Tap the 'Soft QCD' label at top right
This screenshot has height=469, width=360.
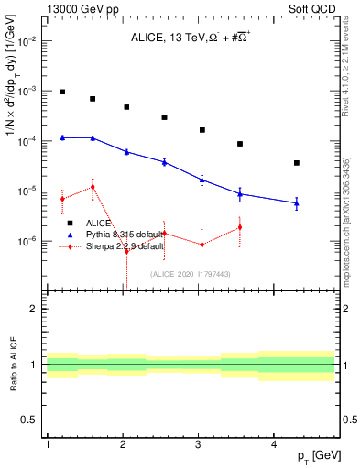pyautogui.click(x=313, y=8)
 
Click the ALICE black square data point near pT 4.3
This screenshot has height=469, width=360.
pyautogui.click(x=297, y=163)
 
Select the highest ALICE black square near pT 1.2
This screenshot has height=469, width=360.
pyautogui.click(x=62, y=92)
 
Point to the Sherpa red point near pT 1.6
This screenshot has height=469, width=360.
pyautogui.click(x=93, y=187)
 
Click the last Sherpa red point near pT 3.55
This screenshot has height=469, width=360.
pyautogui.click(x=240, y=227)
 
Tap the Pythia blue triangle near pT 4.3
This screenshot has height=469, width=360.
pyautogui.click(x=297, y=203)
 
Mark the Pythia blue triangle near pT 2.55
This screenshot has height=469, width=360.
pyautogui.click(x=164, y=162)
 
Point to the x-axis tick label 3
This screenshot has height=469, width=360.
pyautogui.click(x=199, y=444)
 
